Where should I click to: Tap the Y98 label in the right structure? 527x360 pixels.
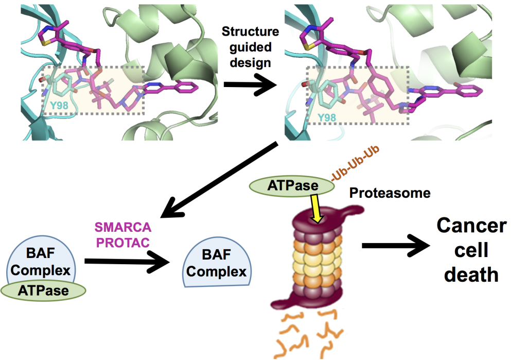tap(326, 117)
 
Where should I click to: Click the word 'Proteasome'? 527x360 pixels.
tap(390, 193)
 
